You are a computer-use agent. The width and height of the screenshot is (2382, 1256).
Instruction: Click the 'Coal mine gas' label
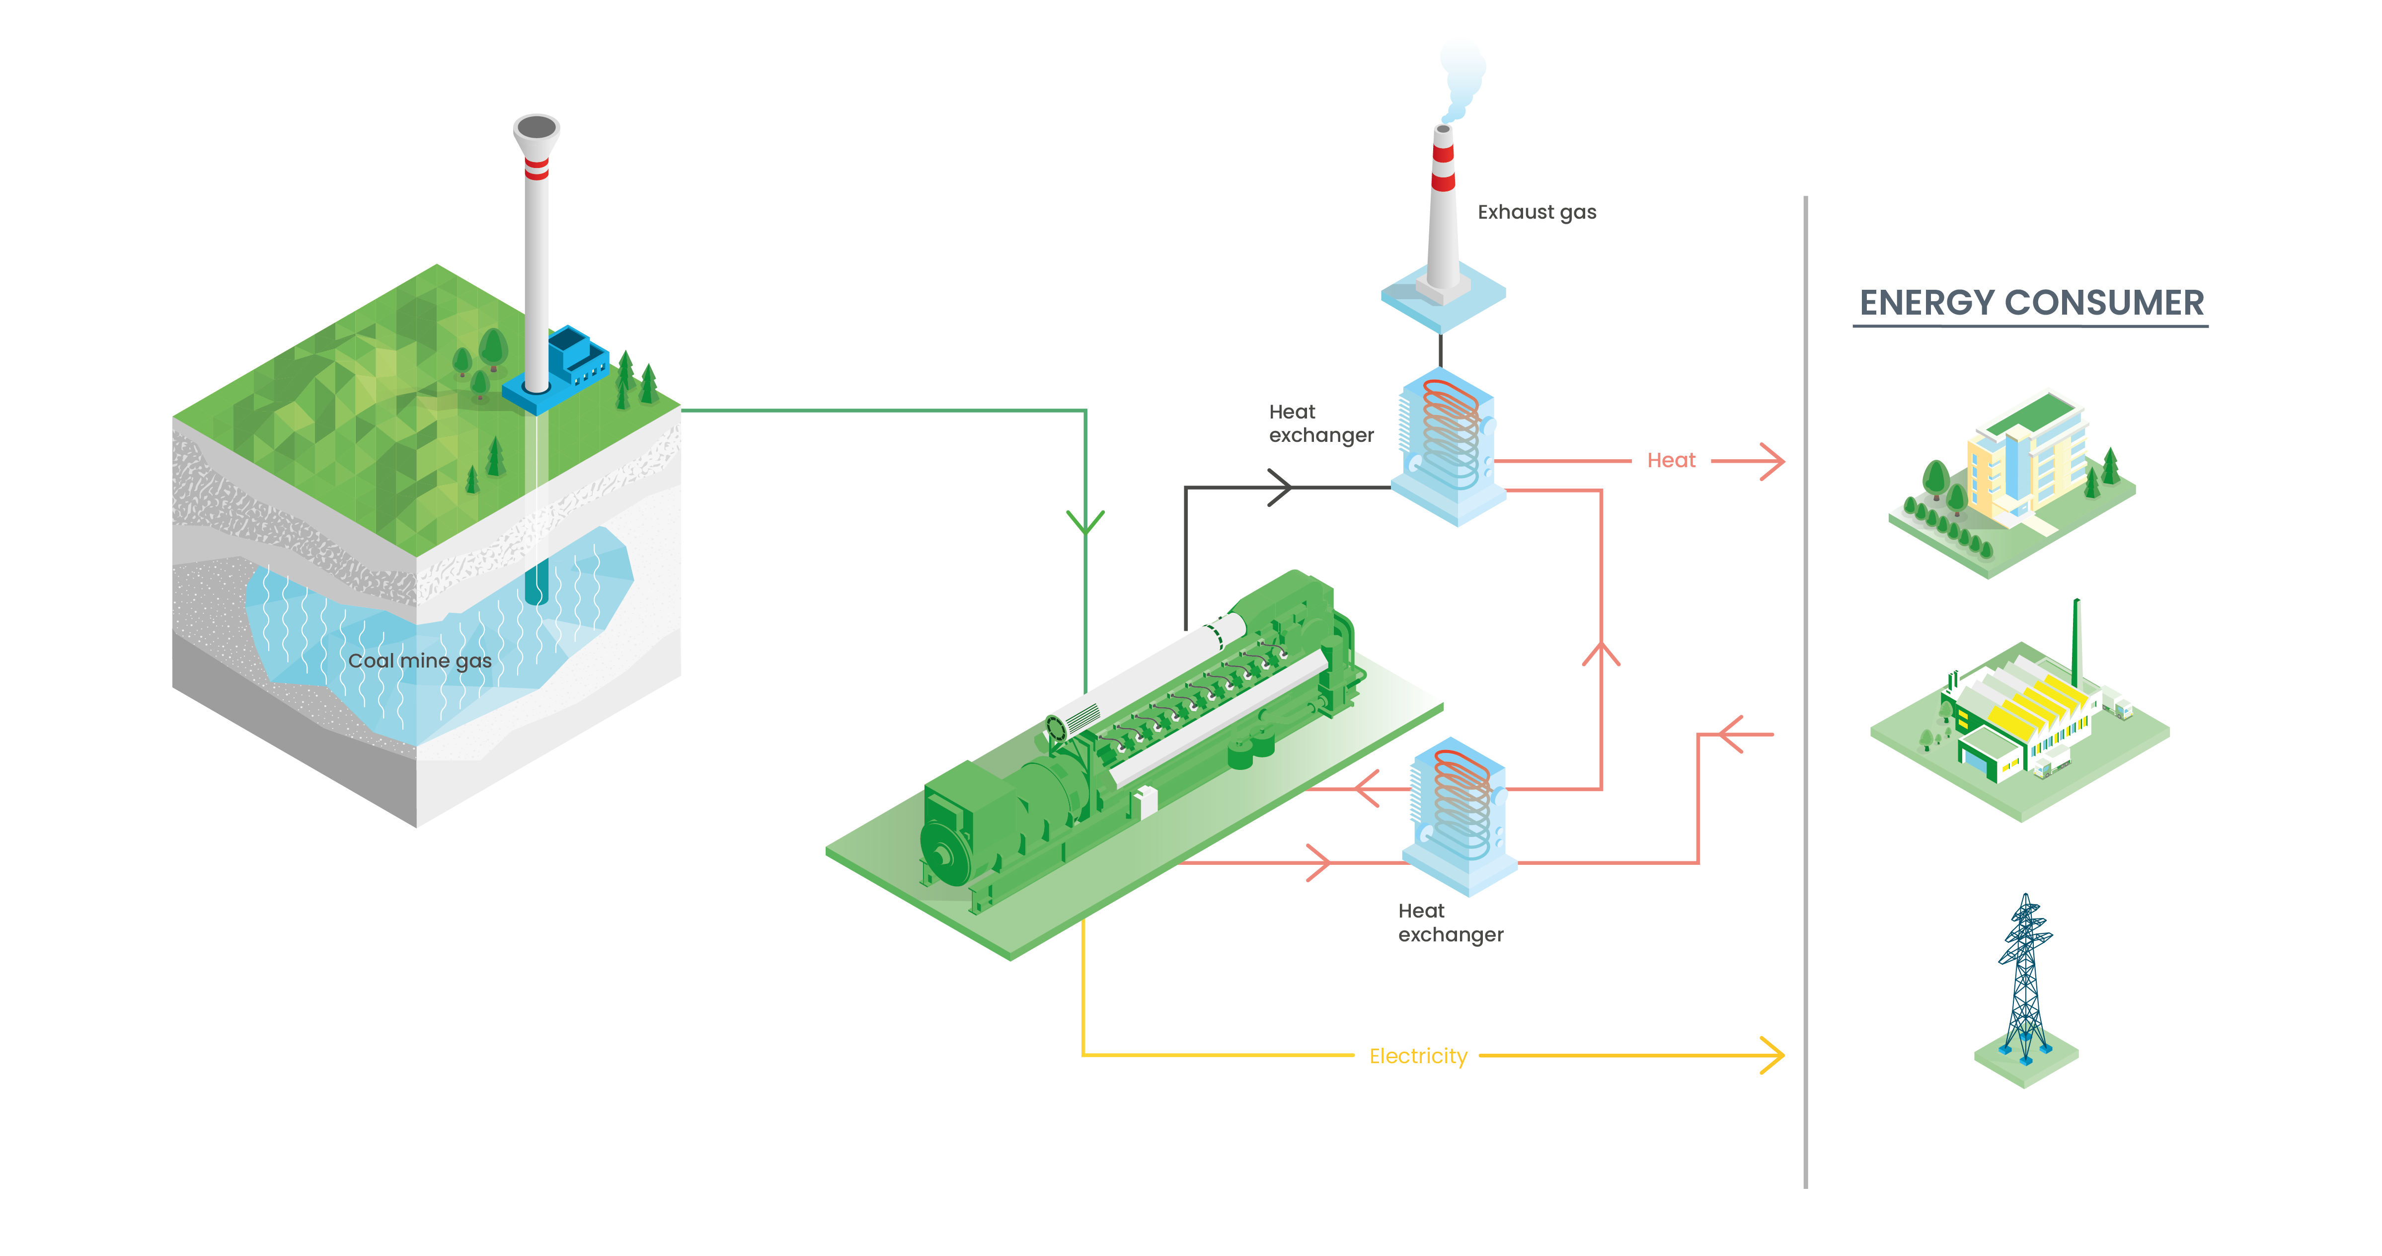tap(420, 661)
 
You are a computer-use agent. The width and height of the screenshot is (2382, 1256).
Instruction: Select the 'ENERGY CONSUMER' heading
tap(2031, 302)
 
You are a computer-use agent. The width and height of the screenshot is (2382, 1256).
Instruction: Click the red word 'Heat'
tap(1671, 461)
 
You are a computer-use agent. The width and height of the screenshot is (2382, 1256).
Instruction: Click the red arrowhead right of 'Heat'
tap(1771, 461)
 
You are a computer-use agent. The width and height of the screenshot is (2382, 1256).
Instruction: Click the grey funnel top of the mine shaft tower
tap(537, 130)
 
